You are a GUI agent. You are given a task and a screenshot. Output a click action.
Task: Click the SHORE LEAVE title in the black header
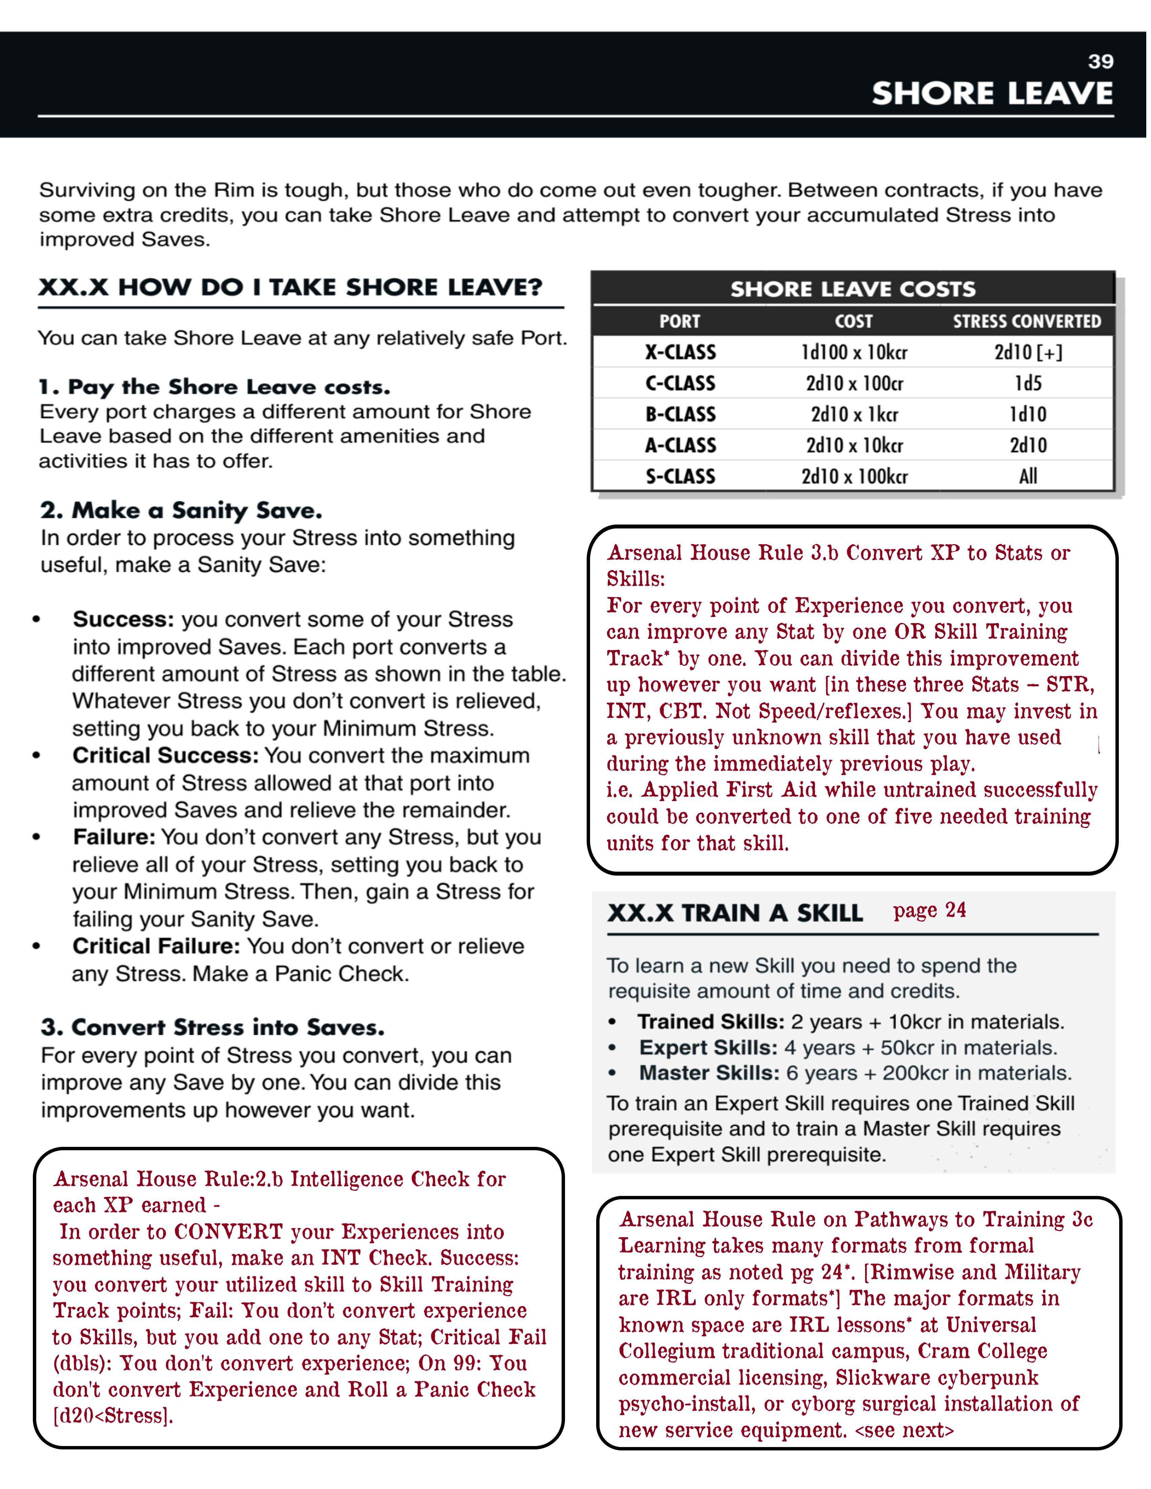(x=992, y=93)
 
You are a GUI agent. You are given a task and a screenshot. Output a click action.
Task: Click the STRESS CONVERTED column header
(x=1026, y=321)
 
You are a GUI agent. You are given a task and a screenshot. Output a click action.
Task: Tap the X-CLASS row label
(x=680, y=353)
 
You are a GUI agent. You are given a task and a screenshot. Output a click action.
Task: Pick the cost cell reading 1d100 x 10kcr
(x=854, y=353)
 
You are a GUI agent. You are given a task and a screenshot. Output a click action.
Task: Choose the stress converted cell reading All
(x=1027, y=476)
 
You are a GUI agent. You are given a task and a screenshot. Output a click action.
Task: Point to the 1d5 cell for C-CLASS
(x=1027, y=383)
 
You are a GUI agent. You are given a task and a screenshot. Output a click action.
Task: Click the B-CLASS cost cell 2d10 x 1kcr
(x=854, y=415)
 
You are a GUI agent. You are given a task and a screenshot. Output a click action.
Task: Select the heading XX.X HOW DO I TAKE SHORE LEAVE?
(x=290, y=287)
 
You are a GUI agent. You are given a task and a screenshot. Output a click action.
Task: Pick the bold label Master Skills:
(x=709, y=1073)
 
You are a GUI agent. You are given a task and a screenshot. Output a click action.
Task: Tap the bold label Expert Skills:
(x=708, y=1048)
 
